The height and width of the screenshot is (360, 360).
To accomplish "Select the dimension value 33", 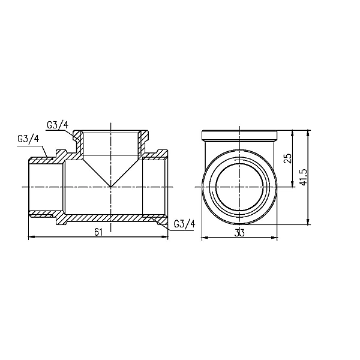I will [x=239, y=232].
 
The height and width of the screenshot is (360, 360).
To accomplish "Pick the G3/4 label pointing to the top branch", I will [x=57, y=125].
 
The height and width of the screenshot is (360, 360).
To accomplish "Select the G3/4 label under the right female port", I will [x=184, y=224].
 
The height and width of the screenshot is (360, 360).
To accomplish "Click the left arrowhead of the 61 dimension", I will [x=32, y=238].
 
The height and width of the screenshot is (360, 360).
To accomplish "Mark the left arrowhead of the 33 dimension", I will [x=202, y=238].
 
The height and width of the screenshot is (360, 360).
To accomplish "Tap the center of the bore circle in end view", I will [x=239, y=186].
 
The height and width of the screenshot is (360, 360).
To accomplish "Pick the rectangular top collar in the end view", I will [x=239, y=134].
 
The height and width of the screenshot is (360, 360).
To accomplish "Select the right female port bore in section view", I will [x=154, y=186].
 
